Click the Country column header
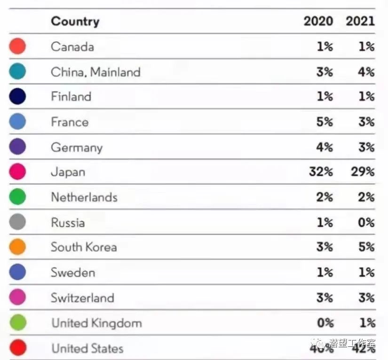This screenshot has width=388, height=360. (x=75, y=21)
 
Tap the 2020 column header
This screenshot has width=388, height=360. (x=318, y=21)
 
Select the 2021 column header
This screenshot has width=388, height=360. (x=360, y=21)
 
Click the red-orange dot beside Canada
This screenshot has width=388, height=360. (x=17, y=47)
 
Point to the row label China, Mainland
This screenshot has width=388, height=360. (x=95, y=72)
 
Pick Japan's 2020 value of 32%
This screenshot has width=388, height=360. (x=321, y=172)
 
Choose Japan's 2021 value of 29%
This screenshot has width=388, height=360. (x=363, y=172)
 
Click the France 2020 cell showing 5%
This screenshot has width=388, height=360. (x=325, y=122)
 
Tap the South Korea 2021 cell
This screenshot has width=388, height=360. (x=366, y=247)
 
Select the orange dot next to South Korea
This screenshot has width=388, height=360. (x=17, y=247)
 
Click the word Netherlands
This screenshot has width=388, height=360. (x=84, y=197)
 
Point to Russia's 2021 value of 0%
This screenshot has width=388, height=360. (x=366, y=222)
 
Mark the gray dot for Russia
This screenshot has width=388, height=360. (x=17, y=222)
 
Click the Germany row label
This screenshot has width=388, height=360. (x=77, y=147)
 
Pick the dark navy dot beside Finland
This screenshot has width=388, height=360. (x=17, y=97)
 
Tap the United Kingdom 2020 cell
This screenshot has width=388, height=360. (x=325, y=323)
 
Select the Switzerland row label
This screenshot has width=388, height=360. (x=83, y=297)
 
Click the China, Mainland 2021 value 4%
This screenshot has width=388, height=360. (x=366, y=72)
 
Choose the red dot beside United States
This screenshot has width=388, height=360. (x=17, y=348)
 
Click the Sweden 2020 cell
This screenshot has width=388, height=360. (x=325, y=273)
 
